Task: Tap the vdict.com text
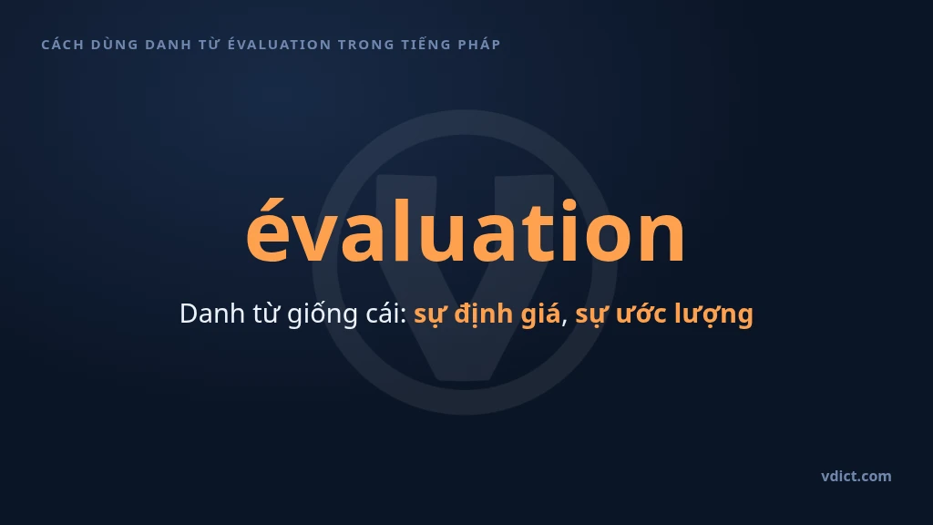point(856,476)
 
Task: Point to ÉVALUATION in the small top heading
point(279,44)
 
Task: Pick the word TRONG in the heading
point(366,45)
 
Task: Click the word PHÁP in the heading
point(479,44)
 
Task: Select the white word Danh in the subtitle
point(211,314)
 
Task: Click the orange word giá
point(540,314)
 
